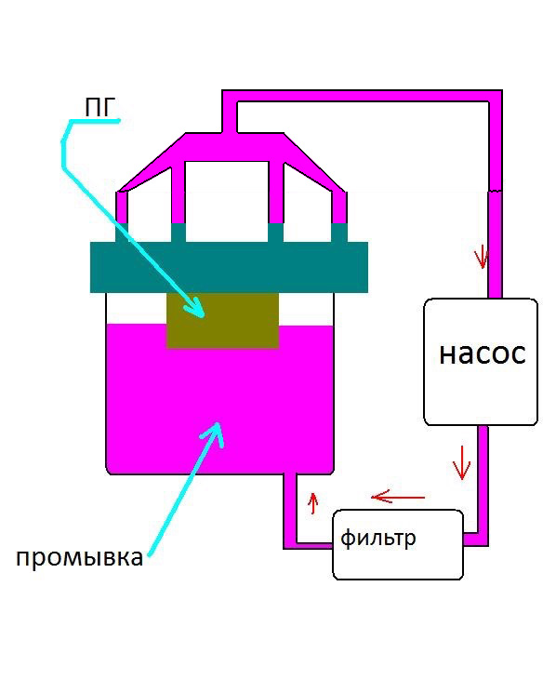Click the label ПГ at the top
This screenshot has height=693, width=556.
point(99,108)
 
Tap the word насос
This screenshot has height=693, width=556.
point(483,353)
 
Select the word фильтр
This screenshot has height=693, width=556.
point(378,539)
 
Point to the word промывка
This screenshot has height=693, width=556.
point(79,558)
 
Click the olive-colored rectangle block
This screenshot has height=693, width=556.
point(222,320)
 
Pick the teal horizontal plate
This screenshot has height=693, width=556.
point(229,267)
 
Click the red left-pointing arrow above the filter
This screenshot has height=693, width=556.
point(397,498)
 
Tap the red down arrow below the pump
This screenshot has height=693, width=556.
point(461,462)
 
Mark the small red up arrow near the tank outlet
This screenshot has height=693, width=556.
point(313,503)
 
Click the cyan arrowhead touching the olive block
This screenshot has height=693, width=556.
point(194,308)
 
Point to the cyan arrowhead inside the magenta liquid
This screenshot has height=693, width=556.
point(214,433)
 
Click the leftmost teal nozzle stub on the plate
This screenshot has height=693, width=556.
point(122,233)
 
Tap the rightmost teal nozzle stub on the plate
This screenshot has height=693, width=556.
point(339,233)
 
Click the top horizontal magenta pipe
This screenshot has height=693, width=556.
point(362,96)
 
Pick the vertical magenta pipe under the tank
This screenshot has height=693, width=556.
point(290,508)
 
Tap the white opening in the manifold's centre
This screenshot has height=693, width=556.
point(227,201)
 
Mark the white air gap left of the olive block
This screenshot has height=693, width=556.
point(137,309)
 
